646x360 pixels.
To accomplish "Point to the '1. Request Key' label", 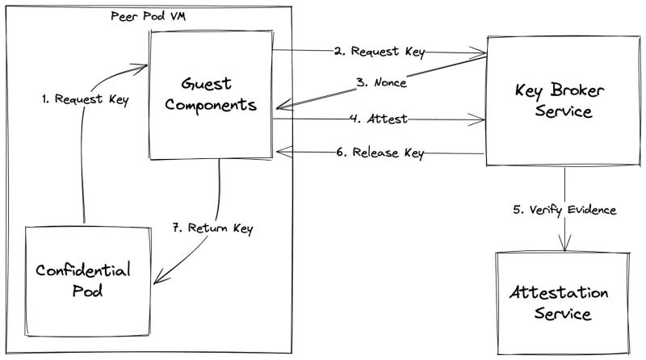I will tap(78, 102).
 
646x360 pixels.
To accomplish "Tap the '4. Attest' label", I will tap(378, 119).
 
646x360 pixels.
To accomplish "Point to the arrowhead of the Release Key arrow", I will tap(279, 150).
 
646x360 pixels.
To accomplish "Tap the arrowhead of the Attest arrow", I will tap(481, 121).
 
